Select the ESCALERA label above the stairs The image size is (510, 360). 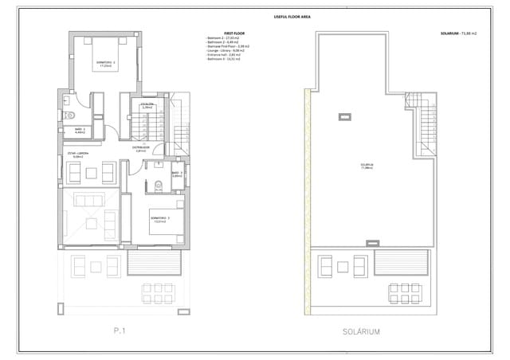[147, 104]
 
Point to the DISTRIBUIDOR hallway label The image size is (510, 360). [141, 148]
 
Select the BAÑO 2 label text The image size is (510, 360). [80, 130]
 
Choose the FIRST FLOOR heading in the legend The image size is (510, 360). [233, 33]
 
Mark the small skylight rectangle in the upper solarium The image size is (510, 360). [346, 117]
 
